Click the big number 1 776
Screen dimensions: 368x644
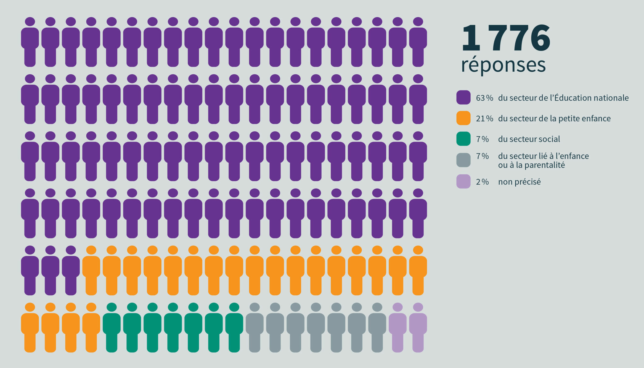[x=506, y=38]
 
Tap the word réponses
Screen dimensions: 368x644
[x=503, y=65]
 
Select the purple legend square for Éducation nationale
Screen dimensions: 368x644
[x=463, y=97]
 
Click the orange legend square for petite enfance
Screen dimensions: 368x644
[x=463, y=118]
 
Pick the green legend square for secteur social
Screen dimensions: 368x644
[x=463, y=139]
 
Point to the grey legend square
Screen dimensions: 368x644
[x=463, y=160]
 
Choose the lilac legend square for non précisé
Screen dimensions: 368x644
[x=463, y=181]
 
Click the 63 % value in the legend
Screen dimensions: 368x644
[x=484, y=98]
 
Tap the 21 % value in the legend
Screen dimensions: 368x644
[x=484, y=119]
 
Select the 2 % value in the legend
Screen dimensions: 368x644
[x=482, y=182]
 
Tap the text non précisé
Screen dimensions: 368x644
[x=519, y=182]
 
